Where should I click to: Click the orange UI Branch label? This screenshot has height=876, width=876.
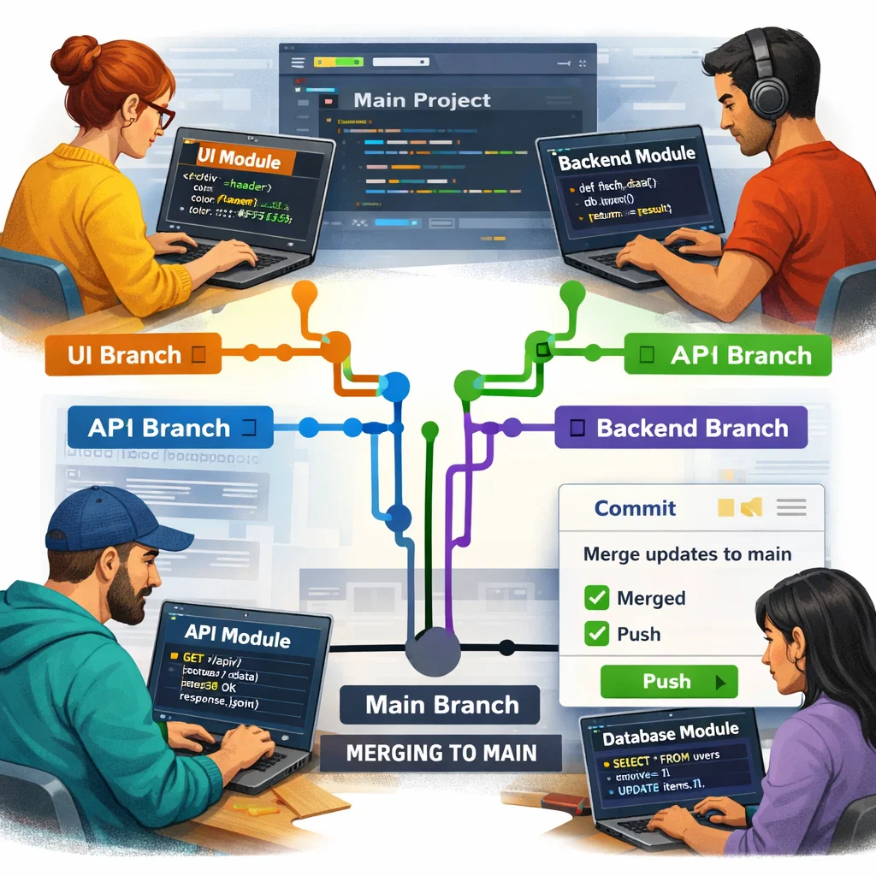128,354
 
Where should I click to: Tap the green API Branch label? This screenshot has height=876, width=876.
728,355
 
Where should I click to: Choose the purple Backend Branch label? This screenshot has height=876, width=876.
681,428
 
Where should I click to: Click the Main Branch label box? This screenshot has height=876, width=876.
441,705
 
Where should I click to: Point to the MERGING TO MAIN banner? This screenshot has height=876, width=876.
441,753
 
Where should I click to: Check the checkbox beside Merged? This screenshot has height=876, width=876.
596,598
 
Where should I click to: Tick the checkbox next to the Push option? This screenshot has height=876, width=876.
596,634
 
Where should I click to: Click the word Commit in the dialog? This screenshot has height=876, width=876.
635,508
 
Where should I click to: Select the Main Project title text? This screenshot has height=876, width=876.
422,100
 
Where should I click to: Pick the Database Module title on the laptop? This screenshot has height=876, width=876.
670,734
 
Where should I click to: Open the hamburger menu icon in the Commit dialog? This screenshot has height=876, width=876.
791,508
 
